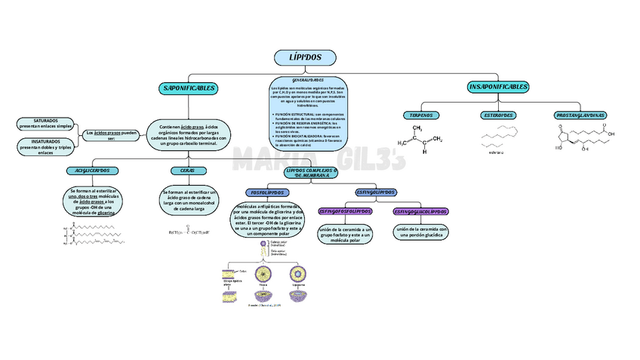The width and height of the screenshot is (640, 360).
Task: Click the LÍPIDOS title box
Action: pos(305,57)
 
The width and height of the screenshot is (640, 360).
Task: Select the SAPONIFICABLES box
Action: pos(189,88)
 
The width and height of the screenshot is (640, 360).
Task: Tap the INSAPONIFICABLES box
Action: pos(498,88)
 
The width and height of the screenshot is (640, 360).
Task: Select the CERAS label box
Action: pos(188,171)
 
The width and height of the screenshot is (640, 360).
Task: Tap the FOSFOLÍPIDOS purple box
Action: pos(266,193)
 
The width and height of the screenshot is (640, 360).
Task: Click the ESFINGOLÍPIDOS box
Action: pos(375,192)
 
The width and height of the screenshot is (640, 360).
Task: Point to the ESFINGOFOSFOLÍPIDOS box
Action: pos(345,211)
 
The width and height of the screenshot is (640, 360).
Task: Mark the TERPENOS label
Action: pos(420,115)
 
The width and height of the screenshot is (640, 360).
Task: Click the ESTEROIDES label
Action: pos(498,115)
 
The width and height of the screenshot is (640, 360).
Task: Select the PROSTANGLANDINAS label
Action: pos(580,115)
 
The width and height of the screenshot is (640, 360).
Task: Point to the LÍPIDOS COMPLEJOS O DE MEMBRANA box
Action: pos(311,173)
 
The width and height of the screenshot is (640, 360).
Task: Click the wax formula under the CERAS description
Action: pos(188,232)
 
